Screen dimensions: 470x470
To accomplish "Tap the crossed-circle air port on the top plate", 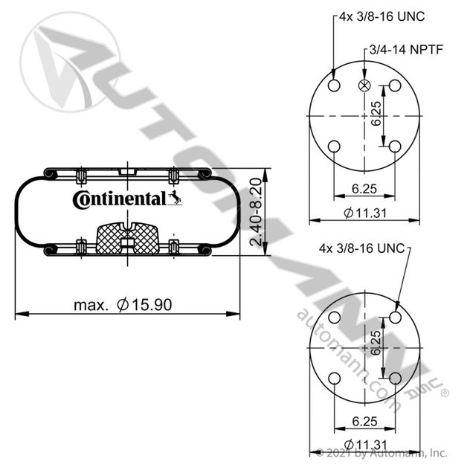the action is [x=364, y=86].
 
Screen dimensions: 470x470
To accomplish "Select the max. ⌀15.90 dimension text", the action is [x=123, y=305].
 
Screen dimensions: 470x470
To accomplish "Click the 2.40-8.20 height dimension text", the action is [x=257, y=212].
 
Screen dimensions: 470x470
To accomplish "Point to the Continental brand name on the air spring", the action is [x=119, y=199].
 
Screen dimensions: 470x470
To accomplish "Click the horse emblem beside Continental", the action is [x=175, y=198].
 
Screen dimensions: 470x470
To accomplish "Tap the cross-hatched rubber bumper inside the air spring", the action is [x=128, y=239].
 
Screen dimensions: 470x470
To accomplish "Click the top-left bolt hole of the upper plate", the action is [x=334, y=86].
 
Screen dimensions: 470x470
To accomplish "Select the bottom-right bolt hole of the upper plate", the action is [x=395, y=147].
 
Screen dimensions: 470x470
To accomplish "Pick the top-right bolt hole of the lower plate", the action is [x=396, y=318].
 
